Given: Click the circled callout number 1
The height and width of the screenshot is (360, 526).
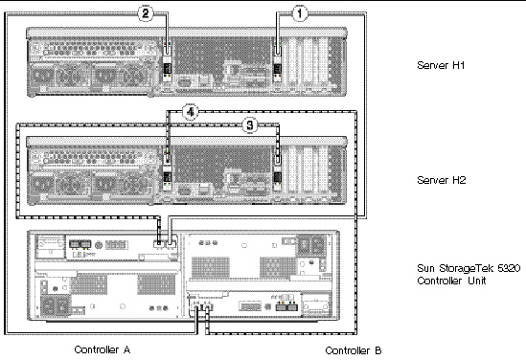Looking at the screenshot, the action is [x=300, y=13].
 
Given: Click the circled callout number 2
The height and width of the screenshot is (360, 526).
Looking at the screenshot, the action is [x=146, y=13].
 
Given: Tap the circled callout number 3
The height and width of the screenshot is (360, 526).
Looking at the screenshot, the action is [x=250, y=125].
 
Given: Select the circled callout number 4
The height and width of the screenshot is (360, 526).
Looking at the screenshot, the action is [x=191, y=112].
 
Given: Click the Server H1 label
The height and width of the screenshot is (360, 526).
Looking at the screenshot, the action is [x=441, y=65].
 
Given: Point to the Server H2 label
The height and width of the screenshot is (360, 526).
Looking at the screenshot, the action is [x=442, y=180].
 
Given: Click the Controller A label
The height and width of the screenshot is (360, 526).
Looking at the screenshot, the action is [x=102, y=349].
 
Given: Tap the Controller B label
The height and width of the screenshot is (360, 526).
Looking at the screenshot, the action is [x=354, y=350].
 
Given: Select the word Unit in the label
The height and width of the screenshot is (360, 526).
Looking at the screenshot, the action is [x=477, y=281].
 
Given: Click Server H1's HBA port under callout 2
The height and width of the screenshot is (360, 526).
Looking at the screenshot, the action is [x=167, y=51].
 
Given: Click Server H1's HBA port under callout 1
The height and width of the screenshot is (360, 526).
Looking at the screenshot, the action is [x=278, y=51].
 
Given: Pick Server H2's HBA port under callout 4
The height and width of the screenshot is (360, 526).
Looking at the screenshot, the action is [x=167, y=159].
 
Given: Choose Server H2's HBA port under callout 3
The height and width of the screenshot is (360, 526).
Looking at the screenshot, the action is [x=278, y=159].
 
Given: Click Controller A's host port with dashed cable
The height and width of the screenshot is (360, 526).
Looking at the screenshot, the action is [x=158, y=244].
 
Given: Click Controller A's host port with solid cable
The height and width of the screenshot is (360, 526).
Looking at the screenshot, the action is [x=171, y=244].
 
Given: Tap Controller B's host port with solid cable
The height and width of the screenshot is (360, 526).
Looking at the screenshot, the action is [x=195, y=307].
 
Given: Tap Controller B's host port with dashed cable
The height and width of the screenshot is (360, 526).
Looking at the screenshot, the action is [x=207, y=307].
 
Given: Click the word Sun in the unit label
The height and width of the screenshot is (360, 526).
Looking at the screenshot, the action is [x=426, y=268].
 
